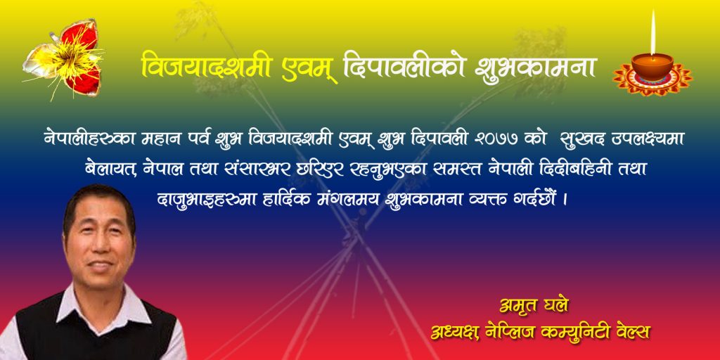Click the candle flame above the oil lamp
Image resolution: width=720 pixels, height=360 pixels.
[x=652, y=32]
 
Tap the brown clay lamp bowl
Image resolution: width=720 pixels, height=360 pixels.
[x=652, y=67]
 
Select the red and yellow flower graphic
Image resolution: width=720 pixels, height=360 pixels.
[x=64, y=59]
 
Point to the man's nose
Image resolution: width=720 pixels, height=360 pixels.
[x=96, y=247]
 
